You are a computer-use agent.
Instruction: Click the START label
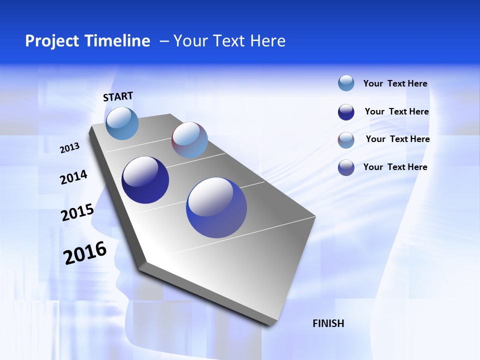point(118,96)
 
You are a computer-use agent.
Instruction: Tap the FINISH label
point(328,323)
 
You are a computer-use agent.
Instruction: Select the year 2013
point(69,148)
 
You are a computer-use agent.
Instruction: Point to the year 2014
point(73,177)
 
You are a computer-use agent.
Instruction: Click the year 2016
point(85,253)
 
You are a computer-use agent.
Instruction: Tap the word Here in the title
point(267,41)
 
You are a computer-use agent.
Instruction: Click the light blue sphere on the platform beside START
point(122,123)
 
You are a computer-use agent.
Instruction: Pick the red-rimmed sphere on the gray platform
point(189,140)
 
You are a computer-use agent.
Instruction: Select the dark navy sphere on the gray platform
point(145,180)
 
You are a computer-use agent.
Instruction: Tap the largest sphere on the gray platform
point(216,207)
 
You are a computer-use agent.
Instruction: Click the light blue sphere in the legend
point(346,83)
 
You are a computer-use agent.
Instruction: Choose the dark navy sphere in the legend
point(346,112)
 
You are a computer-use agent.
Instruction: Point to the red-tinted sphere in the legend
point(346,140)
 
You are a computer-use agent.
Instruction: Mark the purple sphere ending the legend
point(346,167)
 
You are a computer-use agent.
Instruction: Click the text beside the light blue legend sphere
point(395,83)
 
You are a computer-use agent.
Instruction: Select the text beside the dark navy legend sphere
point(396,111)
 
